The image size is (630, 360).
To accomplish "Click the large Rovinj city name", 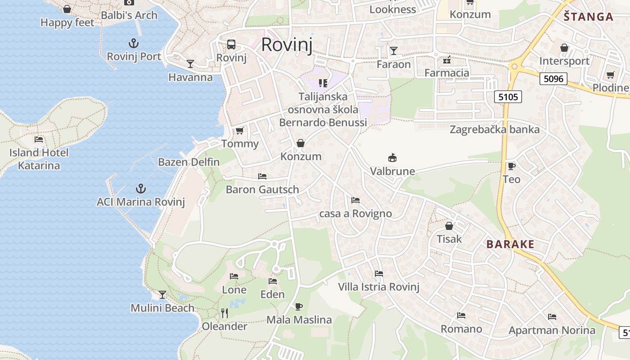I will click(287, 45).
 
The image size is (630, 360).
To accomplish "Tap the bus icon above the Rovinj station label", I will click(231, 44).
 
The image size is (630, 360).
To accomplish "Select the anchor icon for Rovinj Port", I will click(133, 43).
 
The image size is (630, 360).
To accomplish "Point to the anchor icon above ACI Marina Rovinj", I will click(141, 189).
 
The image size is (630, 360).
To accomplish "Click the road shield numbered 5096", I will click(553, 79).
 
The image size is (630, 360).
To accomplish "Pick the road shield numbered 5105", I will click(508, 96).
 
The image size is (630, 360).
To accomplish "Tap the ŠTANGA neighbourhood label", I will click(589, 17).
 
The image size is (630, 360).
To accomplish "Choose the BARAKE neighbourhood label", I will click(510, 244).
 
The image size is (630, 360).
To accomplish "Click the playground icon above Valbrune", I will click(392, 157).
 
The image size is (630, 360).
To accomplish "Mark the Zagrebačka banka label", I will click(495, 130).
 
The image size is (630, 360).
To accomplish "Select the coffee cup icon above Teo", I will click(511, 166).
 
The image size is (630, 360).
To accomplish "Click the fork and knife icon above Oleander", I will click(224, 313).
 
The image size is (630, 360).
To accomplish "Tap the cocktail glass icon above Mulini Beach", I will click(162, 295).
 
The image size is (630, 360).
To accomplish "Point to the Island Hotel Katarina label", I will click(39, 159).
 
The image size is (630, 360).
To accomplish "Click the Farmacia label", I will click(446, 72).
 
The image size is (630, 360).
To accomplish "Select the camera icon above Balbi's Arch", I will click(129, 2).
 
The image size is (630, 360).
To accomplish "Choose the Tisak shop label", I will click(449, 238).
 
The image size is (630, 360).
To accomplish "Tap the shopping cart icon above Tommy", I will click(239, 131).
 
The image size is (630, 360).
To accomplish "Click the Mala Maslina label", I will click(299, 320).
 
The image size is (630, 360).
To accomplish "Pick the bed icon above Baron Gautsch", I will click(262, 176).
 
